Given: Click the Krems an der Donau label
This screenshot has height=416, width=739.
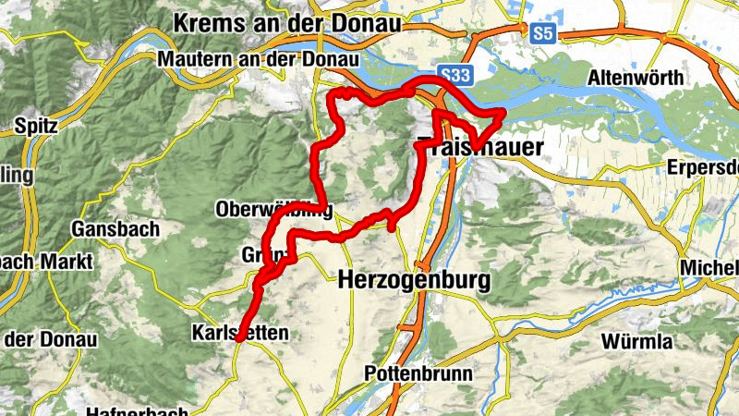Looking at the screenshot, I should click(x=286, y=23).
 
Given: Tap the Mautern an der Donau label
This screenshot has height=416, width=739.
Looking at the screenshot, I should click(x=258, y=59).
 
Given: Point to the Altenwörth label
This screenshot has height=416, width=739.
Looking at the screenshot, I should click(x=636, y=79).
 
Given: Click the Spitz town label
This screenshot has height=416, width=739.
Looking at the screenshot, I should click(x=34, y=124).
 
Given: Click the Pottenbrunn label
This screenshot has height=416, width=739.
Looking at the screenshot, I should click(x=418, y=374).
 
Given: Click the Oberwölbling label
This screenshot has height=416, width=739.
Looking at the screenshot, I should click(x=273, y=208).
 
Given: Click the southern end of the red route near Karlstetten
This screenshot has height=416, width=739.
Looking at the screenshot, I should click(x=237, y=340).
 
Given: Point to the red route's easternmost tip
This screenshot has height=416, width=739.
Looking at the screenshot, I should click(x=504, y=113).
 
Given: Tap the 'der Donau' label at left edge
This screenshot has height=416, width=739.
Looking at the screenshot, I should click(x=50, y=339).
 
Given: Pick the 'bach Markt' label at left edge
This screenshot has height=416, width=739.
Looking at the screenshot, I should click(x=46, y=263).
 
